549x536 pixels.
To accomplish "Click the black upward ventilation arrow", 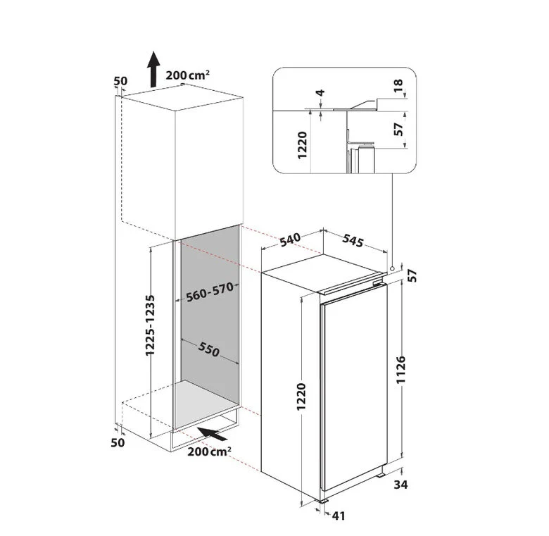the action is tap(153, 69).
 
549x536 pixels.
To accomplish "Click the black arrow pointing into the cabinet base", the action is tap(213, 434).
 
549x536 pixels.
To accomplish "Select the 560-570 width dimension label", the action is tap(209, 292).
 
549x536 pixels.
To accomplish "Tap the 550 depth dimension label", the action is tap(208, 349).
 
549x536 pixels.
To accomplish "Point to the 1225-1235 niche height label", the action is tap(150, 325).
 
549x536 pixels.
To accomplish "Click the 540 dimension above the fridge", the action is tap(290, 239).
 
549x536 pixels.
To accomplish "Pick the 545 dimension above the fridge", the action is tap(353, 240).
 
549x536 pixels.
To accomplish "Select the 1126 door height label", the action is tap(401, 370).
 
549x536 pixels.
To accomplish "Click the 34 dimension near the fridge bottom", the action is tap(401, 485).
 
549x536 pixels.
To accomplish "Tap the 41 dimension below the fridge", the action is tap(339, 516).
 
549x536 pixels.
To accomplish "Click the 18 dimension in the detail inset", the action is tap(398, 85).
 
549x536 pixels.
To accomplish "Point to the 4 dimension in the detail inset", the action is tap(320, 93).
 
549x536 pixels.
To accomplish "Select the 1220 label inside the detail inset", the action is tap(302, 145).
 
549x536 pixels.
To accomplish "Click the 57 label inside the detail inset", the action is tap(398, 130).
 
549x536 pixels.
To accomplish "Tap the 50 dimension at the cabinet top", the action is tap(120, 81).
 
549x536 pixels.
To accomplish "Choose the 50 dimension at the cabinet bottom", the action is tap(118, 442).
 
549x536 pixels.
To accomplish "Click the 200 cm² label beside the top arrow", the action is tap(188, 75).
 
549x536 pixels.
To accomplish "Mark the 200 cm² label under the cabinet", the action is tap(209, 451).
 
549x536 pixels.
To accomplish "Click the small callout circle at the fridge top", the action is tap(392, 268).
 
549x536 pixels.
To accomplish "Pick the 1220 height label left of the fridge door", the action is tap(301, 397).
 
